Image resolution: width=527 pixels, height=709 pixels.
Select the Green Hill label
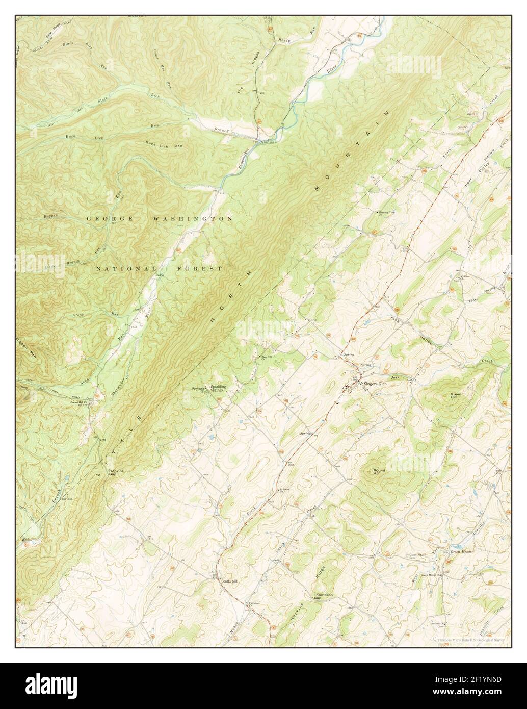[455, 397]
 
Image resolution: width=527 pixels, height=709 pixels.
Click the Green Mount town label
[461, 552]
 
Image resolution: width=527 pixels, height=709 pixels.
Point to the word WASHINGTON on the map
[193, 218]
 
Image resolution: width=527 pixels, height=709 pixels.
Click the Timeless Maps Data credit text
[469, 642]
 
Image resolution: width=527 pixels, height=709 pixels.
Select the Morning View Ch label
[387, 213]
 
